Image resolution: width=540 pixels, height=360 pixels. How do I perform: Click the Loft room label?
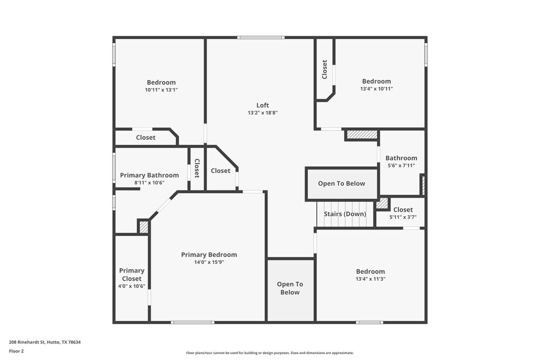tap(262, 105)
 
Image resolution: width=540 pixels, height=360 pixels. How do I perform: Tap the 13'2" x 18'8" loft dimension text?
tap(262, 113)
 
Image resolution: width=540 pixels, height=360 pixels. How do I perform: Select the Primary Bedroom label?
tap(208, 255)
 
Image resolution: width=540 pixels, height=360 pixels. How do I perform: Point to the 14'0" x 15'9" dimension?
tap(208, 262)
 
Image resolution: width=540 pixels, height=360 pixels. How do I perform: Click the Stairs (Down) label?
tap(345, 214)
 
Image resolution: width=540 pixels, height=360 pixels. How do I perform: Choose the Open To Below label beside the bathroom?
tap(341, 184)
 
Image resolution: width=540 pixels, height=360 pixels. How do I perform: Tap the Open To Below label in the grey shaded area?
tap(290, 288)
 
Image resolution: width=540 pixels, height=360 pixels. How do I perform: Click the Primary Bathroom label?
tap(149, 175)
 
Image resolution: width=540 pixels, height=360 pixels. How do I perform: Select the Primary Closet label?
tap(132, 275)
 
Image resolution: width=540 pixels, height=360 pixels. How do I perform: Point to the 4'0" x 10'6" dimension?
tap(132, 287)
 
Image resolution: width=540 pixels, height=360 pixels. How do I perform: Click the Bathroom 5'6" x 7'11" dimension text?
tap(401, 166)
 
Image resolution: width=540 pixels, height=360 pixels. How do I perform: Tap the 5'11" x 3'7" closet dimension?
tap(403, 217)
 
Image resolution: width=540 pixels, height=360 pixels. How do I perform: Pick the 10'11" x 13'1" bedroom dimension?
tap(161, 90)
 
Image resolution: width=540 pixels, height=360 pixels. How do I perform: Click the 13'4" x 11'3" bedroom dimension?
tap(370, 279)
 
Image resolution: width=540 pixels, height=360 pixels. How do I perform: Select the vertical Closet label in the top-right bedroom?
tap(325, 70)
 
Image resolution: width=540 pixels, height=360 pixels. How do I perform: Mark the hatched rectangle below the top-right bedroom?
tap(361, 135)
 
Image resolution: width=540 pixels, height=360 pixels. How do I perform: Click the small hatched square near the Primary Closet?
tap(144, 227)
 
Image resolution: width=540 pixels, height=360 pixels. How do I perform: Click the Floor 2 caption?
tap(16, 351)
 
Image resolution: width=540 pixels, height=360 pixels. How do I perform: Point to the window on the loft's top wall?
tap(261, 37)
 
